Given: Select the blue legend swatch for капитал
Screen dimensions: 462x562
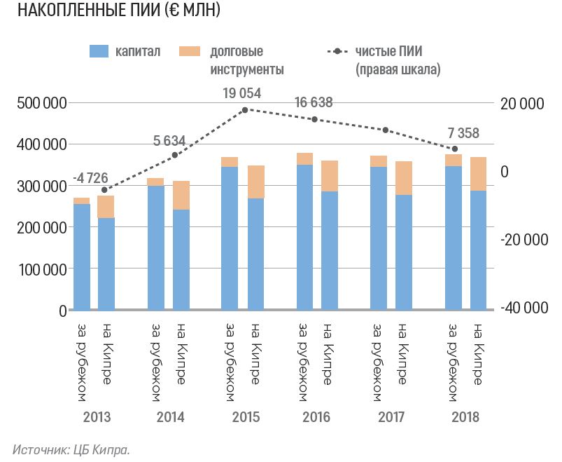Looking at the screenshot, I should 99,51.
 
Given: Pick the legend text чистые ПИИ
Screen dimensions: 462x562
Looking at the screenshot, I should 388,51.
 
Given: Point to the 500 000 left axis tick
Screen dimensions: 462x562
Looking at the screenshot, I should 41,104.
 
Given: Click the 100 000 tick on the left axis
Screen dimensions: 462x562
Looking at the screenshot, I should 41,269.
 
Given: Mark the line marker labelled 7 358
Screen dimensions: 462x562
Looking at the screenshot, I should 454,149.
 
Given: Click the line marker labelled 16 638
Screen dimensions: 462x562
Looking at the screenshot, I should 314,120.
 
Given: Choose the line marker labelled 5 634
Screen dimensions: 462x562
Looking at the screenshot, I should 175,155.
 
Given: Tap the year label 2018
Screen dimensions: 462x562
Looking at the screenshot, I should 465,418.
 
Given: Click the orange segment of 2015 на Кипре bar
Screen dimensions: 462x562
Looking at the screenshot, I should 255,182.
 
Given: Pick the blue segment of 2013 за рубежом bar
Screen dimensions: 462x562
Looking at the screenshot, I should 82,257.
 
